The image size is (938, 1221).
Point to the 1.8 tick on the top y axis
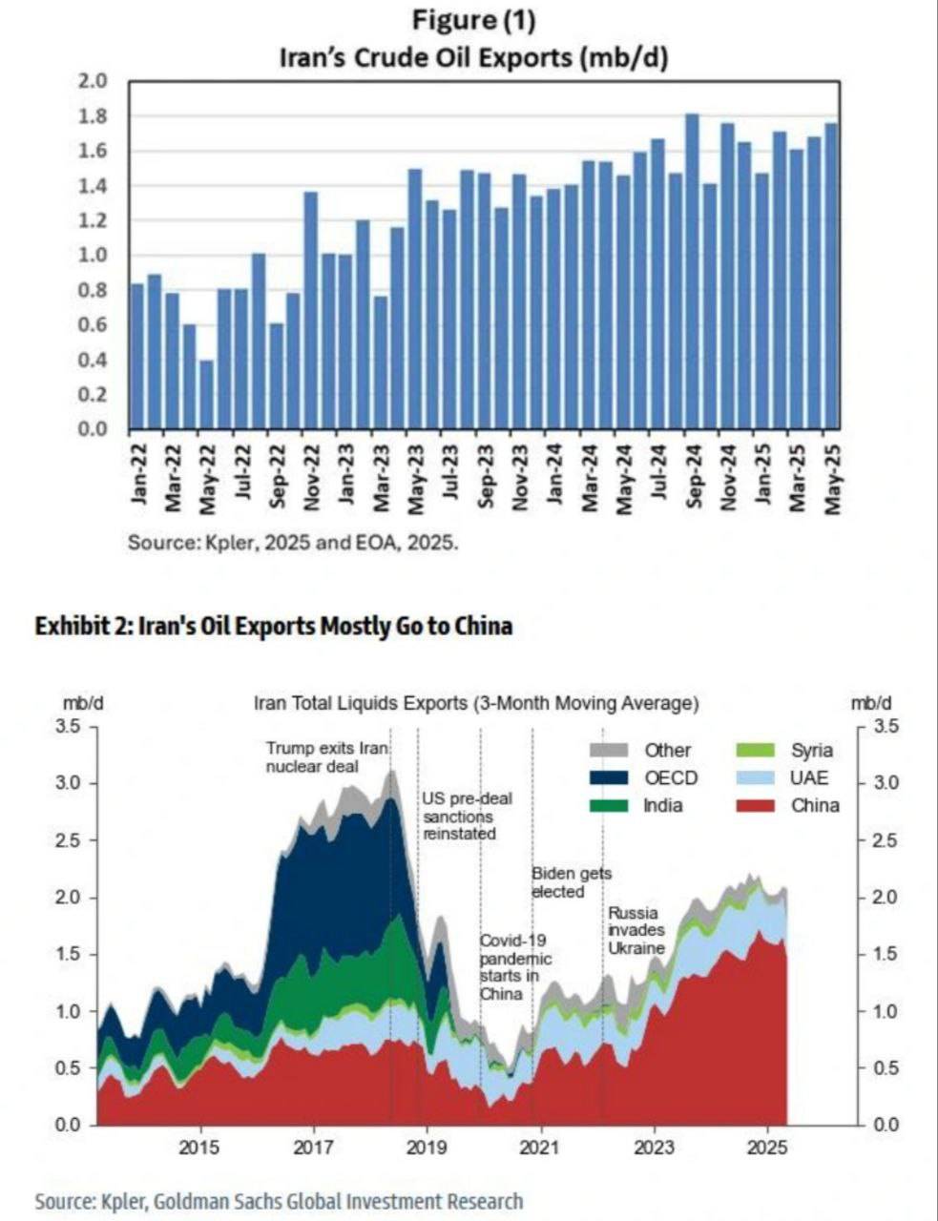(x=96, y=116)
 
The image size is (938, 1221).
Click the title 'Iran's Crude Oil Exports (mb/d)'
(x=472, y=57)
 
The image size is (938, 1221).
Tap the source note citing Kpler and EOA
(x=294, y=543)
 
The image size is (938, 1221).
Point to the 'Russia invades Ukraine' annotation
(x=636, y=931)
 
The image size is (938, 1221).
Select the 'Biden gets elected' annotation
(x=571, y=882)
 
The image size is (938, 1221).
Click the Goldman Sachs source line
(x=279, y=1201)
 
